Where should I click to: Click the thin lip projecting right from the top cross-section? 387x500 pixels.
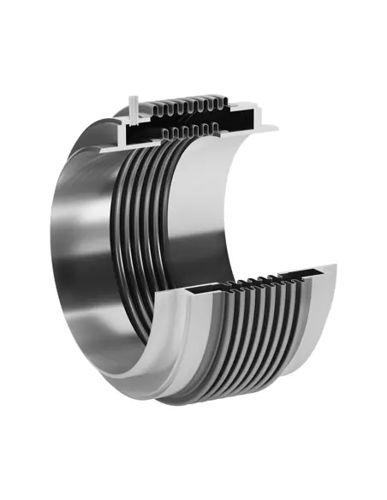265,128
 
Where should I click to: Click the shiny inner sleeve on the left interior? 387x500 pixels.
94,248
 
